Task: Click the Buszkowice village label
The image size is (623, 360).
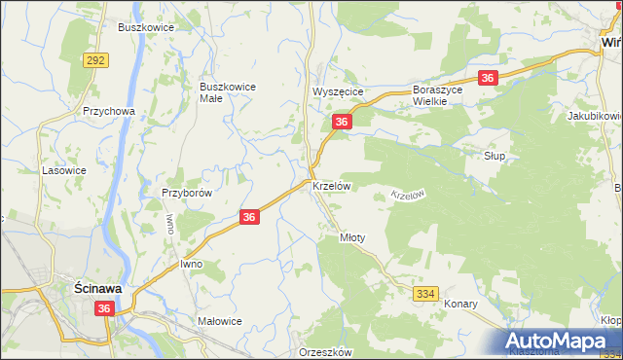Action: point(146,27)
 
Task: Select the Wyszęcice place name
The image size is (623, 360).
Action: point(337,91)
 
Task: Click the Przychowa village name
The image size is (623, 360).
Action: point(108,111)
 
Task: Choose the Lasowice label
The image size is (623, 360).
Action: point(63,169)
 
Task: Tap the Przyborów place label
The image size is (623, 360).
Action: point(187,193)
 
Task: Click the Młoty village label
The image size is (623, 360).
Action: point(351,236)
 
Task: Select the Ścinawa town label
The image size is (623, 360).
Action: point(97,288)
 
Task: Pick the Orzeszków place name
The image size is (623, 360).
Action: point(325,352)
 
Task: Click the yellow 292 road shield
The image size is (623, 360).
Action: point(95,59)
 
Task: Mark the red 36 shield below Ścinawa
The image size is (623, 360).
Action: point(105,308)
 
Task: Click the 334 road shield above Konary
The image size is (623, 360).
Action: point(424,293)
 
